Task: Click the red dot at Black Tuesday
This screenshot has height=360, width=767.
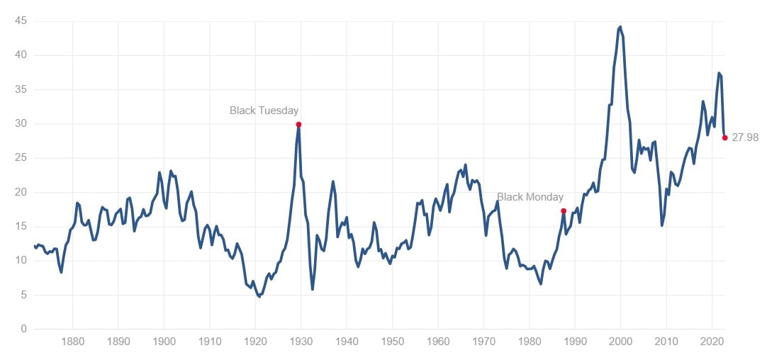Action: pyautogui.click(x=298, y=124)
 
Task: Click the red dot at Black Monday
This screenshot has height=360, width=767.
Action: pyautogui.click(x=564, y=211)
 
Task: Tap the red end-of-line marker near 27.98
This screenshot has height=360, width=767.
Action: pyautogui.click(x=724, y=137)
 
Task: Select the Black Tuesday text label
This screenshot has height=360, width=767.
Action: pyautogui.click(x=264, y=111)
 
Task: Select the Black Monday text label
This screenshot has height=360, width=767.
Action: pyautogui.click(x=530, y=197)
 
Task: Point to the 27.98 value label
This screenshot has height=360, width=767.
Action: pyautogui.click(x=744, y=138)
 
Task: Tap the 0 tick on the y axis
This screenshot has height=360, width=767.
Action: pyautogui.click(x=24, y=329)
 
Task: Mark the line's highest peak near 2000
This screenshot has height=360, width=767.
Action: pyautogui.click(x=620, y=27)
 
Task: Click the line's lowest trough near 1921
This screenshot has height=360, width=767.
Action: pyautogui.click(x=259, y=296)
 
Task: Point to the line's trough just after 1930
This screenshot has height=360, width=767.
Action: pyautogui.click(x=313, y=289)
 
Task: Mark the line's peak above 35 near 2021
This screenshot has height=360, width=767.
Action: pyautogui.click(x=719, y=73)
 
